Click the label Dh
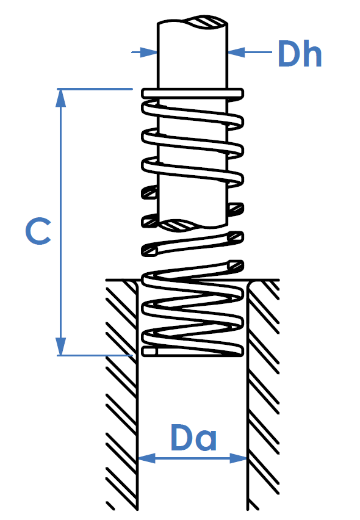[300, 54]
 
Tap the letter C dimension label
[38, 231]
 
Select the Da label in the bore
[193, 437]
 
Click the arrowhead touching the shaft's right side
[236, 52]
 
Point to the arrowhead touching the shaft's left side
[148, 52]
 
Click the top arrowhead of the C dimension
[60, 98]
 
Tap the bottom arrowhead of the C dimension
[60, 346]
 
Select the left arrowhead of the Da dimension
[146, 458]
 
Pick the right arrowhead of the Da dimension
[239, 458]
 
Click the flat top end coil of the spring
[193, 93]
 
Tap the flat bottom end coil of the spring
[193, 351]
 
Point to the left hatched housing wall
[121, 395]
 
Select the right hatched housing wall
[263, 395]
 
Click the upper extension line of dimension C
[95, 89]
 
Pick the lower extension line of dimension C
[95, 355]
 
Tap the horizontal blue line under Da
[193, 458]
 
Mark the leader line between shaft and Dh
[250, 52]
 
